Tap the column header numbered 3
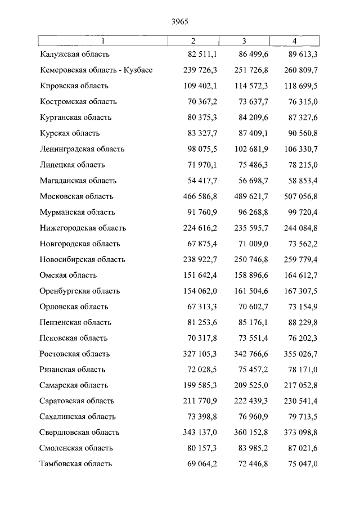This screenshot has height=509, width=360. pyautogui.click(x=244, y=41)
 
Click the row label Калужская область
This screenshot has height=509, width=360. pyautogui.click(x=75, y=55)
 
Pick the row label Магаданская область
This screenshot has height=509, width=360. pyautogui.click(x=78, y=181)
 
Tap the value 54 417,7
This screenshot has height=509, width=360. pyautogui.click(x=200, y=181)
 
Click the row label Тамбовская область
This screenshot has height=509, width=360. pyautogui.click(x=76, y=464)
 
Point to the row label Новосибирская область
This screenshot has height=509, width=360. pyautogui.click(x=82, y=259)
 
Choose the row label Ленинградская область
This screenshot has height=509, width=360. pyautogui.click(x=82, y=149)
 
